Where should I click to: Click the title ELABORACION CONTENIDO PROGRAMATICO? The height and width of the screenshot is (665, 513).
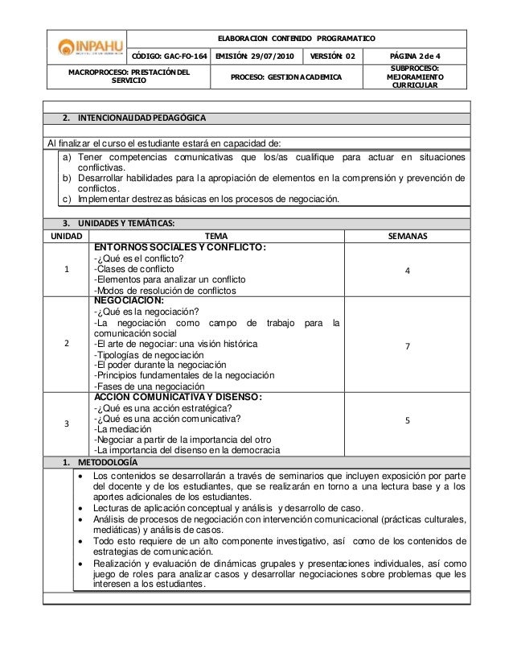tap(297, 38)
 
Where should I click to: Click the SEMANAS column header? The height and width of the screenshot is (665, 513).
tap(407, 236)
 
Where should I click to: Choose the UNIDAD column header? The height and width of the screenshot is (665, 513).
tap(66, 236)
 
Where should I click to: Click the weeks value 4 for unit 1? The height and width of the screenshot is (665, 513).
tap(407, 271)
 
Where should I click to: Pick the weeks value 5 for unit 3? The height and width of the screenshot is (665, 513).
tap(407, 419)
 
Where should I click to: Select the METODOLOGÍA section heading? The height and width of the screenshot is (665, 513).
tap(107, 464)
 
